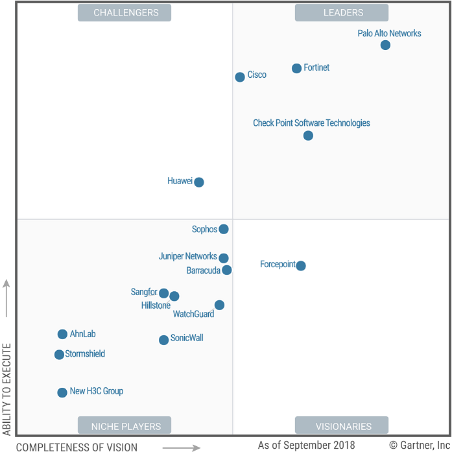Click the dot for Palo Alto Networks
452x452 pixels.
385,45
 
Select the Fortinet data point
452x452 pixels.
296,68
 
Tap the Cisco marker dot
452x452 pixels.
240,77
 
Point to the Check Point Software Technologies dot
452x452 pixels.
308,136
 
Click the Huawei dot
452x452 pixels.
199,182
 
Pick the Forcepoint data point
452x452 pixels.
301,265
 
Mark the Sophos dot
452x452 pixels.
224,229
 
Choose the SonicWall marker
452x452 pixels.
164,340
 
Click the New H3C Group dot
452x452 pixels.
62,392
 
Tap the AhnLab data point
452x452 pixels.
62,334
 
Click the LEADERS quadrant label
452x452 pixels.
342,12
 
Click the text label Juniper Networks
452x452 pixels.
187,256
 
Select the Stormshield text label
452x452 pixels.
85,354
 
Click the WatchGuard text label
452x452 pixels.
193,315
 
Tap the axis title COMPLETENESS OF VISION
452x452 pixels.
77,447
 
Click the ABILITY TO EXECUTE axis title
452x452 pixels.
7,389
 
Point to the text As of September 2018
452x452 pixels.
306,445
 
